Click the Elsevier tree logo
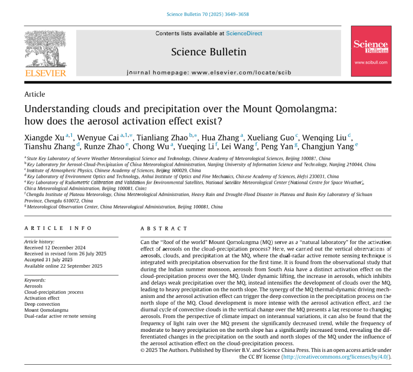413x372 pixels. (45, 49)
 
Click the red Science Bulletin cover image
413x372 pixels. (371, 51)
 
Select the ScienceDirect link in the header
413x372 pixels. (244, 33)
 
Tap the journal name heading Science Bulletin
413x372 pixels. (208, 52)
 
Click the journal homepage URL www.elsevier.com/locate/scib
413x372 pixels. (241, 73)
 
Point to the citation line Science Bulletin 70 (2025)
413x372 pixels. (207, 14)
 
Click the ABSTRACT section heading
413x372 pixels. (164, 229)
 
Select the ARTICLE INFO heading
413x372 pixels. (58, 228)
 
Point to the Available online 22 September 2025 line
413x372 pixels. (63, 266)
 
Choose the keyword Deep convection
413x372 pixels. (42, 304)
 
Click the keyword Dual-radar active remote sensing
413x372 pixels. (60, 316)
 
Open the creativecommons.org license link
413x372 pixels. (336, 356)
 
